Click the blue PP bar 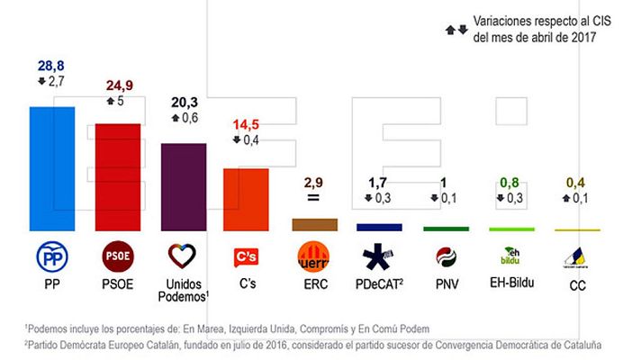click(52, 169)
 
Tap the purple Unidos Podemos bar click(183, 187)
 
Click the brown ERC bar click(314, 225)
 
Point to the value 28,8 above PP click(51, 66)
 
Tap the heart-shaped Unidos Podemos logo click(184, 257)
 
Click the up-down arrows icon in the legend click(456, 29)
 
